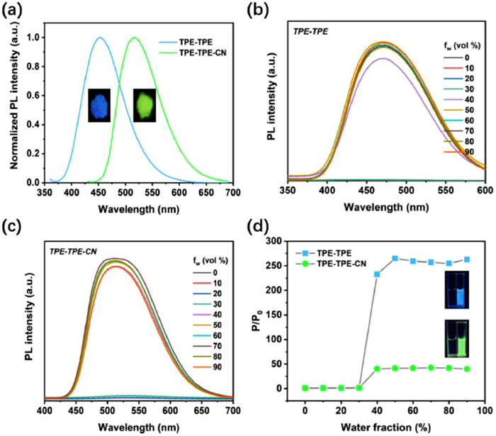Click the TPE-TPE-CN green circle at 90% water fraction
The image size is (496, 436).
coord(467,369)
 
